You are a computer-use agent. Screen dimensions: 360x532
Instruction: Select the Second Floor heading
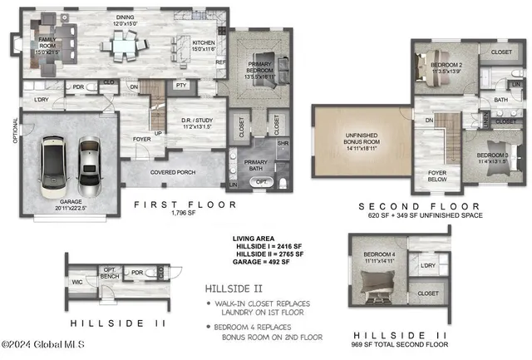pyautogui.click(x=407, y=206)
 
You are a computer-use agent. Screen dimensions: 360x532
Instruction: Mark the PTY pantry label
pyautogui.click(x=180, y=86)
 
